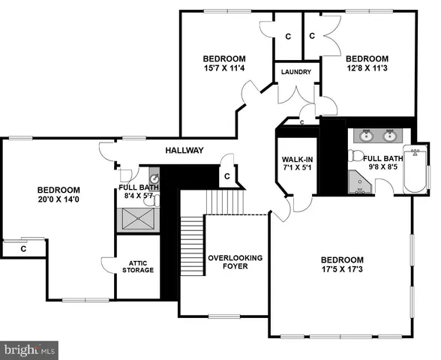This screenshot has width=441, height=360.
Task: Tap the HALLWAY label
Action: click(x=184, y=151)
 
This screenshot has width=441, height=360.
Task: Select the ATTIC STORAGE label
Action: click(x=139, y=265)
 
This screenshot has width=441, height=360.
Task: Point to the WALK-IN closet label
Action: click(x=297, y=160)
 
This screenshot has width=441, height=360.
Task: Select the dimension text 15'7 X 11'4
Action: click(x=224, y=70)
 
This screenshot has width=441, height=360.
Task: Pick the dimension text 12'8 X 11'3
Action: click(x=367, y=70)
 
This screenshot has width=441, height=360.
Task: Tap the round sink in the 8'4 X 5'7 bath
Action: click(x=154, y=179)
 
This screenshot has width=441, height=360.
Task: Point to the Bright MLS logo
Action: click(x=30, y=349)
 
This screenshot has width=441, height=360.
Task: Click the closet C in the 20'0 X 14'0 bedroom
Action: click(x=23, y=248)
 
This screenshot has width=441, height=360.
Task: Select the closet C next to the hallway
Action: click(x=226, y=175)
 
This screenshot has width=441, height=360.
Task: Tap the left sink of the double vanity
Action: click(x=366, y=136)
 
